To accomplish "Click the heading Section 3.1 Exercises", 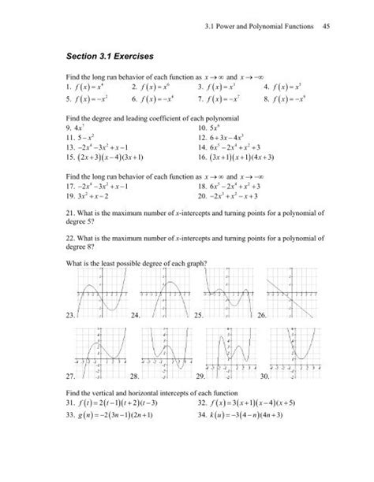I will click(115, 57).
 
